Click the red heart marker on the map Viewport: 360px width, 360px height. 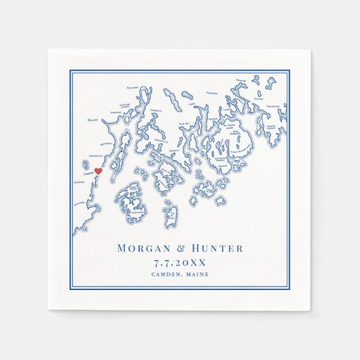coord(97,171)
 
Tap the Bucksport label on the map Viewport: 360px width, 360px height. coord(133,88)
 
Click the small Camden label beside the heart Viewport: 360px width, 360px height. coord(87,173)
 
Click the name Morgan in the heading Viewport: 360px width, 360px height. coord(143,249)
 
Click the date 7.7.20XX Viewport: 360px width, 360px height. coord(180,262)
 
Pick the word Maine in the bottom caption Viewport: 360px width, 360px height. coord(196,274)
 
